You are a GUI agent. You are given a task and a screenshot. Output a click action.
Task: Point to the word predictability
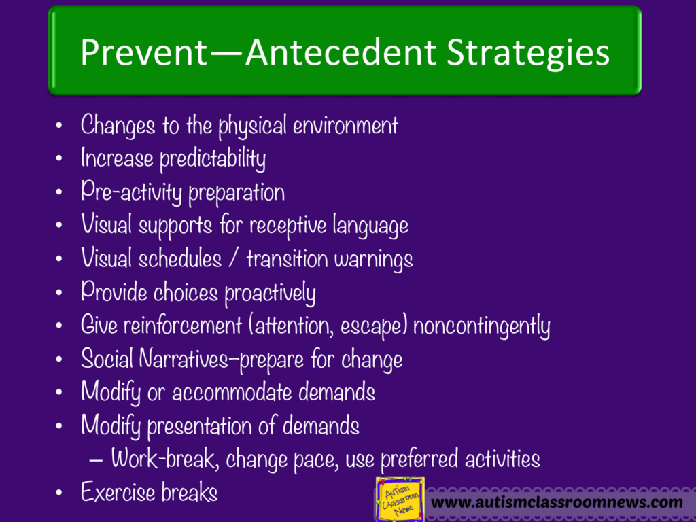(212, 159)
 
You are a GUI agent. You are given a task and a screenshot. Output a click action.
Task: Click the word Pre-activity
(132, 192)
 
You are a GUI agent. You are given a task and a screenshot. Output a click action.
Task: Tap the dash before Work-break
(96, 459)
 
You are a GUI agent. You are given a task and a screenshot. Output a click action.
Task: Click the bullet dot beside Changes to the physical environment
(60, 126)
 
